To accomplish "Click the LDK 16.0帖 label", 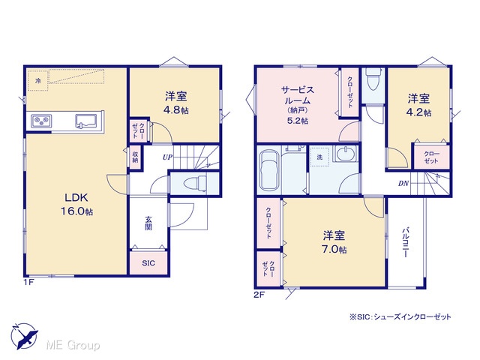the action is pos(76,204).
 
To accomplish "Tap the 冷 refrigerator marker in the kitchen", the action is pos(38,81).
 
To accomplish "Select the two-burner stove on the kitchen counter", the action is pos(41,121).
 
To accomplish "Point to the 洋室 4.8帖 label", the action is pos(176,103).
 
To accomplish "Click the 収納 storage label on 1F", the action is pos(135,157).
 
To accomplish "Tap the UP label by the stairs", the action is pos(167,157).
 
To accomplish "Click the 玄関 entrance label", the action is pos(148,223).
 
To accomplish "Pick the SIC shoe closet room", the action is pos(148,263).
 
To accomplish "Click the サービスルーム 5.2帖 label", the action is pos(298,105).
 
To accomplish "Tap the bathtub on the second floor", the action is pos(269,170).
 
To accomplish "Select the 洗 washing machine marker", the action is pos(319,157).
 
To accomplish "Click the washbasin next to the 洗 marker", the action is pos(346,153).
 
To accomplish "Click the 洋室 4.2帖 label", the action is pos(418,105).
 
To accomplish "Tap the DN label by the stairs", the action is pos(403,184).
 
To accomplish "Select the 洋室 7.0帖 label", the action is pos(334,242).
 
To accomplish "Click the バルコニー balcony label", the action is pos(406,242).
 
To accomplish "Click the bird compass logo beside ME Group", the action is pos(25,336).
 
